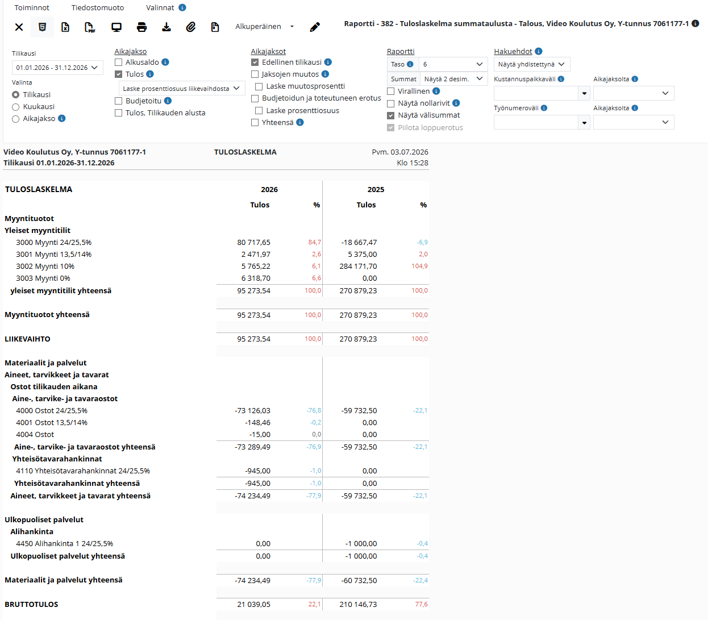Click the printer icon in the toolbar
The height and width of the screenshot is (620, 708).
[x=141, y=27]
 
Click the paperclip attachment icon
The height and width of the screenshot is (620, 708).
[x=191, y=27]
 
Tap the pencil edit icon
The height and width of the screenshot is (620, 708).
[x=315, y=27]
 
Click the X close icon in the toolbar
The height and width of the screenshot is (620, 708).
[x=19, y=27]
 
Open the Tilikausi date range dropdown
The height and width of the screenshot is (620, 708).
[x=57, y=68]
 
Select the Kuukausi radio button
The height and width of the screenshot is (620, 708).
[x=15, y=107]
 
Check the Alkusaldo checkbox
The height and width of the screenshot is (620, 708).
[x=118, y=63]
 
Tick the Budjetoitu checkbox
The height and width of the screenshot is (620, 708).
[x=118, y=101]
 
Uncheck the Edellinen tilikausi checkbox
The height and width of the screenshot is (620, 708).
[x=255, y=63]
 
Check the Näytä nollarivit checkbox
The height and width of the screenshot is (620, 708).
[x=391, y=103]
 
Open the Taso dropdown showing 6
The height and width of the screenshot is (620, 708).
[x=453, y=64]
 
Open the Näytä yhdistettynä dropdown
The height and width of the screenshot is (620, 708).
[x=531, y=64]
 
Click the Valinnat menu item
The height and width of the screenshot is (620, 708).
[x=160, y=7]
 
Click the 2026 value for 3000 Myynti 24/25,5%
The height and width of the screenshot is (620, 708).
[x=253, y=242]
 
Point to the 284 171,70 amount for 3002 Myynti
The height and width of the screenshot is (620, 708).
[x=358, y=267]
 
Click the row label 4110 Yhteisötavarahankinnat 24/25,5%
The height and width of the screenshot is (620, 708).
[x=83, y=471]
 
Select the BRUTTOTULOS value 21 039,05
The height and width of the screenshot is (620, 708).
[x=253, y=605]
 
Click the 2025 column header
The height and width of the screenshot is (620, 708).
[x=376, y=190]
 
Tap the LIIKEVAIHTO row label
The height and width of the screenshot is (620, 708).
[x=27, y=339]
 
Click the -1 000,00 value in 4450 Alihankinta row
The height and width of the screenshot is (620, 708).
[x=361, y=543]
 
